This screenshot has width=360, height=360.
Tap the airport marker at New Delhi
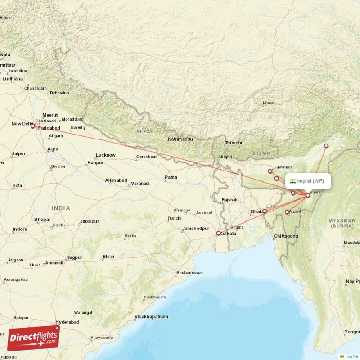click(32, 126)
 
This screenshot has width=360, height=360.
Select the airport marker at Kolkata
click(219, 234)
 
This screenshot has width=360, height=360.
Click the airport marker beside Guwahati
click(270, 171)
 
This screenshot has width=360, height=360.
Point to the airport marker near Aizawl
click(287, 212)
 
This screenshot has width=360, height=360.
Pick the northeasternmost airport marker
click(326, 146)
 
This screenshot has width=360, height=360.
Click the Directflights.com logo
click(33, 338)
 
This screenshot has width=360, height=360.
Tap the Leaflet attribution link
click(351, 356)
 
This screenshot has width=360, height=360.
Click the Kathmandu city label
click(180, 139)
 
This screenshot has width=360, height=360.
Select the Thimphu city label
click(234, 143)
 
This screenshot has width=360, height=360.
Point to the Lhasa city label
click(268, 103)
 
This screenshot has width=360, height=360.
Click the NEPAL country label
click(145, 131)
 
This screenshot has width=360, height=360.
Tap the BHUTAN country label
click(261, 153)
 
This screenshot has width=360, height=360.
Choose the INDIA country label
click(61, 208)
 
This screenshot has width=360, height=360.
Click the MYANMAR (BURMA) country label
click(342, 223)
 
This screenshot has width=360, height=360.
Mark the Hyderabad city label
click(67, 322)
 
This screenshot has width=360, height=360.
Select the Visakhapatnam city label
click(151, 317)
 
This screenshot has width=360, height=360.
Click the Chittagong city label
click(286, 236)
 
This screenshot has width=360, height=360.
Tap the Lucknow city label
click(106, 155)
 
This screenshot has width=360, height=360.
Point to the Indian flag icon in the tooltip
click(293, 181)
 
